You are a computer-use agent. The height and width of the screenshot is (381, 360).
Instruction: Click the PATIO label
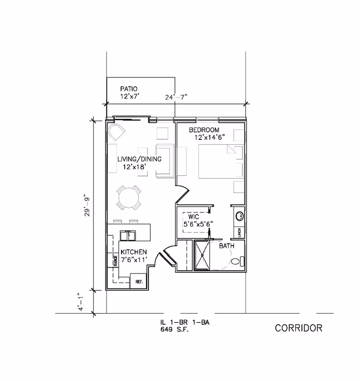point(128,89)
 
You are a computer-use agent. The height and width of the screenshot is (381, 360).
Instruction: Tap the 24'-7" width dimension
point(177,96)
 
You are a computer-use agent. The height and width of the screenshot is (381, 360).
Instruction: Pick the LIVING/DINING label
point(139,160)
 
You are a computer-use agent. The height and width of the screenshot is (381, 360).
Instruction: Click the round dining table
point(128,197)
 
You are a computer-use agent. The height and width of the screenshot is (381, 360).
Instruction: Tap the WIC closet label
point(188,217)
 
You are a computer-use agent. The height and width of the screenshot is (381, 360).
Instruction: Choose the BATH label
point(226,246)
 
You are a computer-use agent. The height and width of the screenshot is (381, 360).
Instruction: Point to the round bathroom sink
point(240,216)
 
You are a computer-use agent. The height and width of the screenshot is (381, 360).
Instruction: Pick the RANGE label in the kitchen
point(115,260)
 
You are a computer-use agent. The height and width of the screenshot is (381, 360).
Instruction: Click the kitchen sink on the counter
point(129,235)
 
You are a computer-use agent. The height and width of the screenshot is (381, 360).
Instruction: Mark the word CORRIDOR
point(298,328)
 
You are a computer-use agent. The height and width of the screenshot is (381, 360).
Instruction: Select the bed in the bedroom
point(219,162)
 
